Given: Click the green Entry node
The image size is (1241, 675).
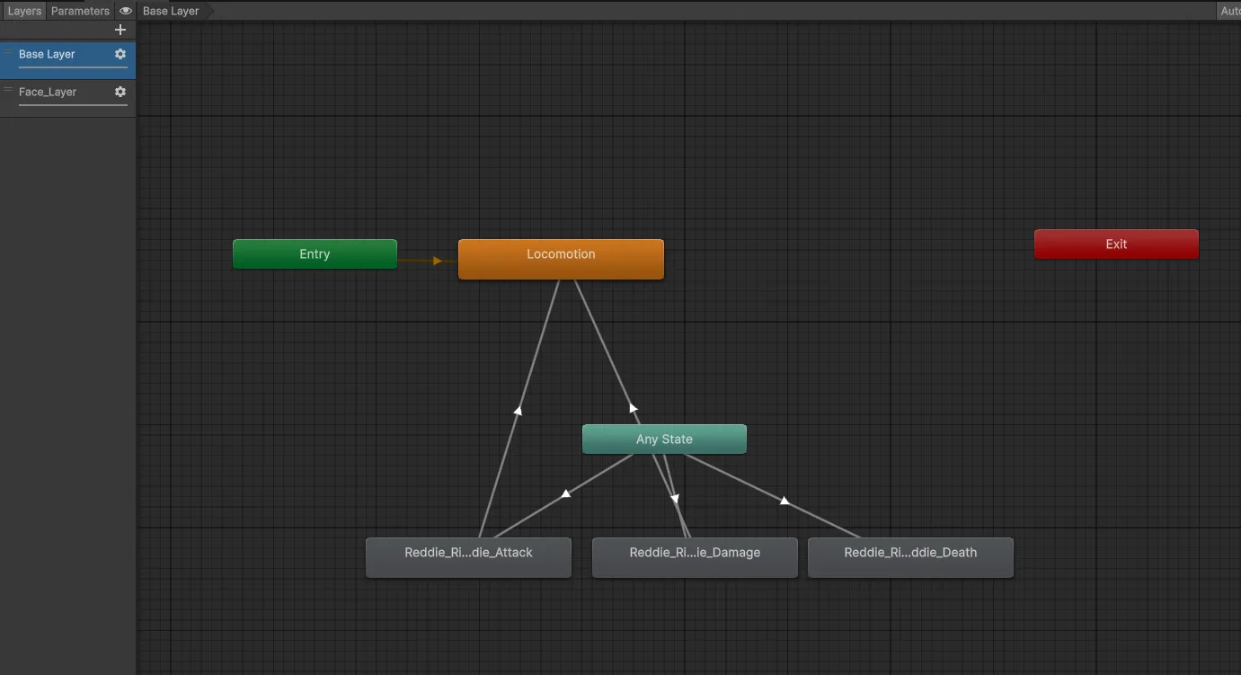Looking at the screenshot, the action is (315, 253).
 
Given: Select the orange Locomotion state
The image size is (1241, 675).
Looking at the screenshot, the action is (561, 259).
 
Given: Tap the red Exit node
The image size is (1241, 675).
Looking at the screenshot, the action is (1116, 244).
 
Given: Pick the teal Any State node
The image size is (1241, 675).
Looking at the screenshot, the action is (664, 439).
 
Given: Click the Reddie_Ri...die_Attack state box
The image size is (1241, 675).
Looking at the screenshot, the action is (468, 557).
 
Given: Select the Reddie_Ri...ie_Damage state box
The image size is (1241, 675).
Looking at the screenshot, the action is (695, 557).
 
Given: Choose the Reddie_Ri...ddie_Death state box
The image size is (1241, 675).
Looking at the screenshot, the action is (910, 557).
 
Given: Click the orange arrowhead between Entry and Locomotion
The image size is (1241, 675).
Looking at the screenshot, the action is (437, 261).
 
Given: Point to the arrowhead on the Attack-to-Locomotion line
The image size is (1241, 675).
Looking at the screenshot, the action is (518, 411).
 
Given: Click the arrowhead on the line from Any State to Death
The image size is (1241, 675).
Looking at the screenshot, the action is (784, 501).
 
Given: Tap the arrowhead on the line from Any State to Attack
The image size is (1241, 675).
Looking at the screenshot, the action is (565, 493).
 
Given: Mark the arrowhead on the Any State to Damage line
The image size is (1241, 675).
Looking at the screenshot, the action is (675, 499).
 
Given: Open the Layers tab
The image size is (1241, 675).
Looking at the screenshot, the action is (24, 11).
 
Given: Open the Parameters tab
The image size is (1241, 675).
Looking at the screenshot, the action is (80, 11).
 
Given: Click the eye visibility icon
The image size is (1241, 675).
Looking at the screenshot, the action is (125, 11).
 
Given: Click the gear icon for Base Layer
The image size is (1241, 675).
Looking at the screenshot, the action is (120, 54).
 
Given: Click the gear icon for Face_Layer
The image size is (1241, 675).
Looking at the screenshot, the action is (120, 92).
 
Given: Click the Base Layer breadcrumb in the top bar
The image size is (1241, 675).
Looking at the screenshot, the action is (171, 11).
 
